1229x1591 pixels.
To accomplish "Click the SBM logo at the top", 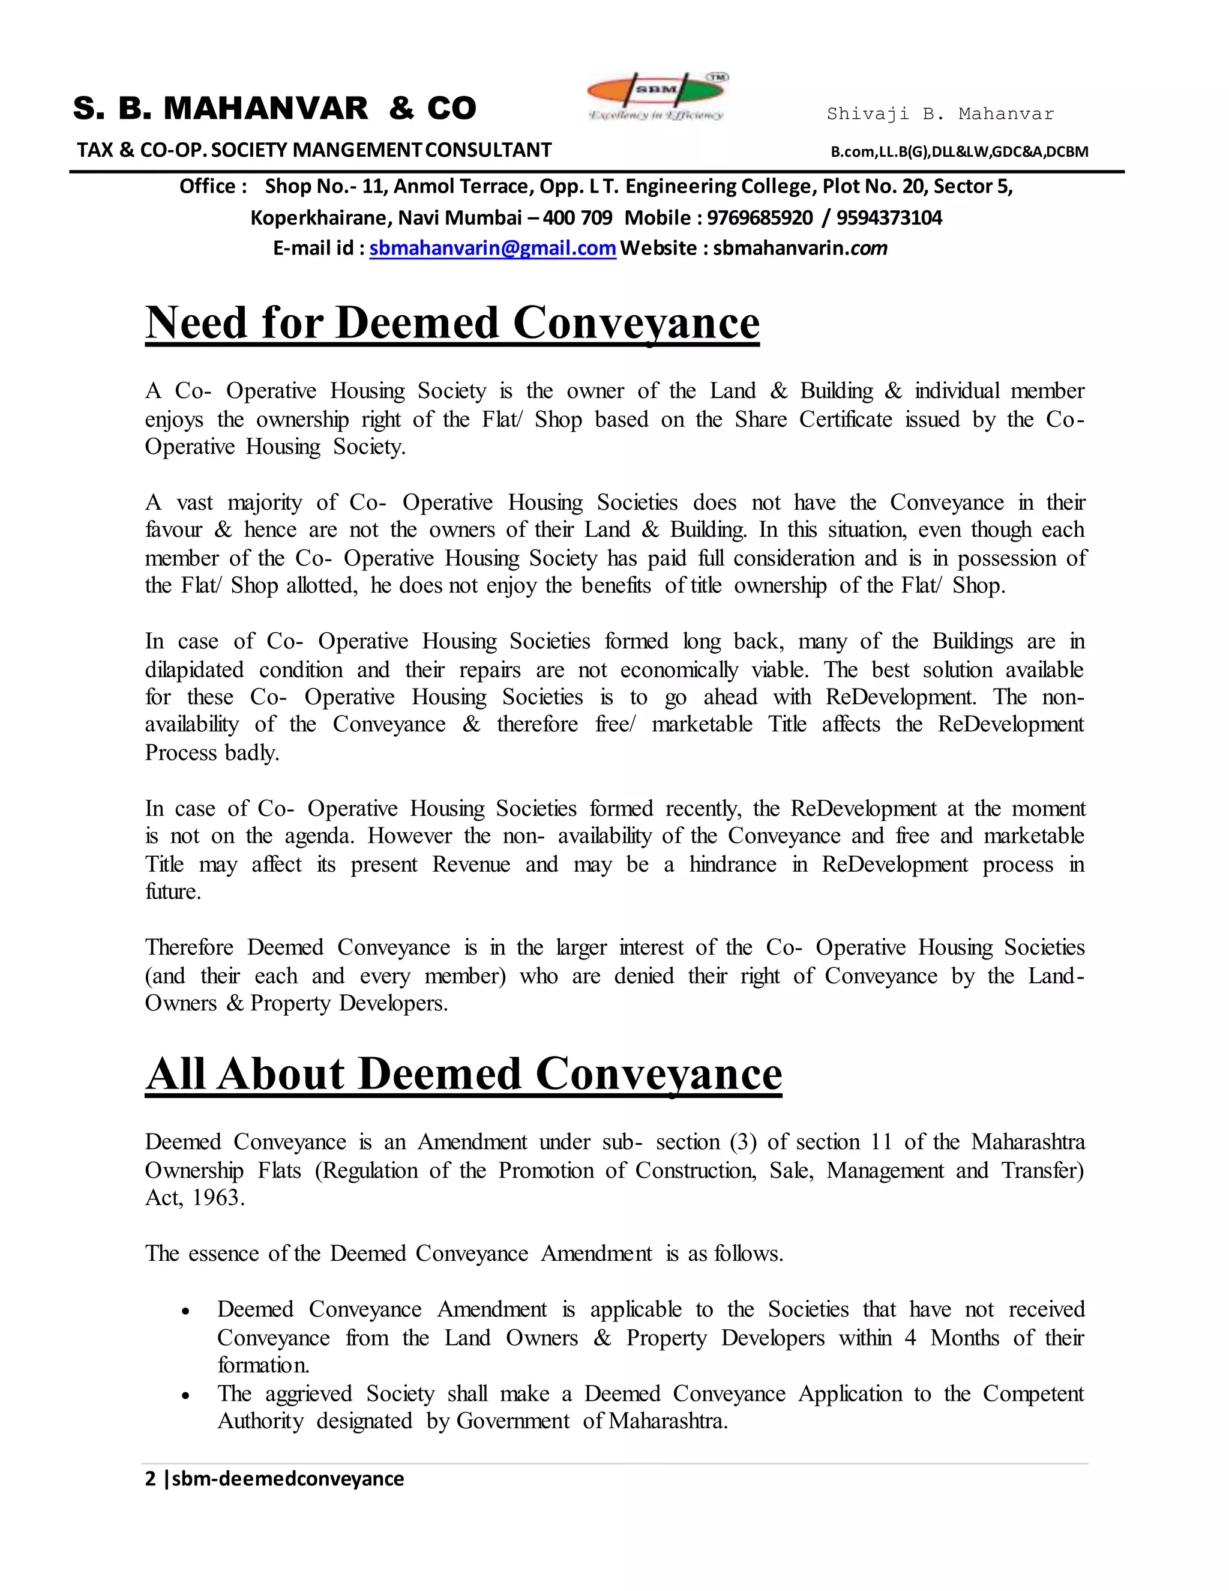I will coord(658,96).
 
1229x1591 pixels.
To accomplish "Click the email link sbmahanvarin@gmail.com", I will coord(493,249).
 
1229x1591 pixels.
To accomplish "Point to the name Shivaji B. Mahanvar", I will coord(940,113).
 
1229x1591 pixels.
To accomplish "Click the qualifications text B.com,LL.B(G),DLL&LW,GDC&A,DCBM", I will coord(960,151).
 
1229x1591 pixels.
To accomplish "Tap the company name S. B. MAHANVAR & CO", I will coord(274,109).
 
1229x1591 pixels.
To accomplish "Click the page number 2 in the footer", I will coord(151,1479).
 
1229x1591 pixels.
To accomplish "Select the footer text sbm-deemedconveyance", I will coord(287,1479).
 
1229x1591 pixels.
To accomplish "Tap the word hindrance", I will coord(733,864).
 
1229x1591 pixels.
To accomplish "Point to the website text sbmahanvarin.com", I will coord(799,249).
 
